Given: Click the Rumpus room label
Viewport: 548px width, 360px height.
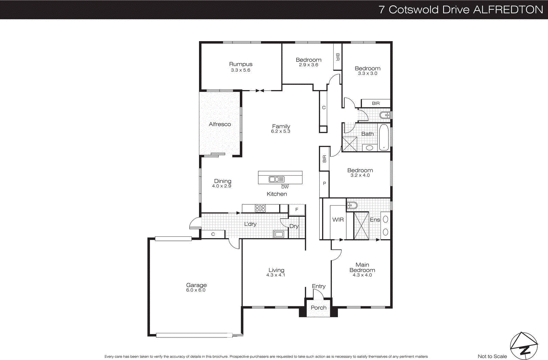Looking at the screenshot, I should click(x=240, y=64).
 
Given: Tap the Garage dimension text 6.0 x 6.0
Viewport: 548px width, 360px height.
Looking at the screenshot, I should click(x=196, y=290).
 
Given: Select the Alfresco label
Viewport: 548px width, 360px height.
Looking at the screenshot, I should click(x=220, y=124).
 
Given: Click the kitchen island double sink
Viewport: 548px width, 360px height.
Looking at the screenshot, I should click(x=276, y=179).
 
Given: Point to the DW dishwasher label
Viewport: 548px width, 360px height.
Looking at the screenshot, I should click(x=285, y=187).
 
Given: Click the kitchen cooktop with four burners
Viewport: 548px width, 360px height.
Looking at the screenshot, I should click(x=260, y=208).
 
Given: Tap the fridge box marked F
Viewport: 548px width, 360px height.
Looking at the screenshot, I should click(x=297, y=209).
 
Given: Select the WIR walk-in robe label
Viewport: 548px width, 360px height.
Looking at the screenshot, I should click(x=338, y=220).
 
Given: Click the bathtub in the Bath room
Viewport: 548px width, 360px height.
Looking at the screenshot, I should click(x=384, y=138).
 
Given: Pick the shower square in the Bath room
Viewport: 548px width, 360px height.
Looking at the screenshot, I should click(x=350, y=144).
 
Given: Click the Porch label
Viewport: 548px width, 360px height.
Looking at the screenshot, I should click(x=319, y=308).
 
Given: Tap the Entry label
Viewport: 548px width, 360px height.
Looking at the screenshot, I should click(x=319, y=286).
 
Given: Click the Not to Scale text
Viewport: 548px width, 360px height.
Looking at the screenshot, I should click(x=492, y=356).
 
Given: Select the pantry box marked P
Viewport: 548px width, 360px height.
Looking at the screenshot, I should click(x=324, y=184).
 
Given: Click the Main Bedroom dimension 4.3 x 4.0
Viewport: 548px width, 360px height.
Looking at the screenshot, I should click(x=362, y=275).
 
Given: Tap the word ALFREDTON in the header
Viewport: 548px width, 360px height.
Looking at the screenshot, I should click(x=508, y=10).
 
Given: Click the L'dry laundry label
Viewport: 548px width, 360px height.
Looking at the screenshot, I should click(x=250, y=224).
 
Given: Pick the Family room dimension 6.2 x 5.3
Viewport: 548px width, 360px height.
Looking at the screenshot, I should click(x=281, y=131).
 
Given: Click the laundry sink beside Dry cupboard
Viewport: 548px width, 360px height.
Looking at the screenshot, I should click(x=278, y=234).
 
